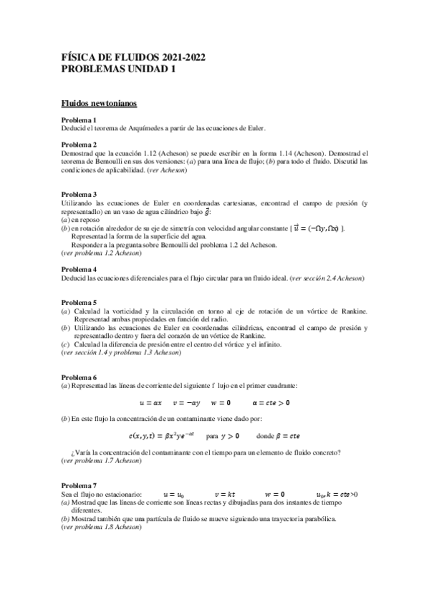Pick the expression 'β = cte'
click(291, 434)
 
